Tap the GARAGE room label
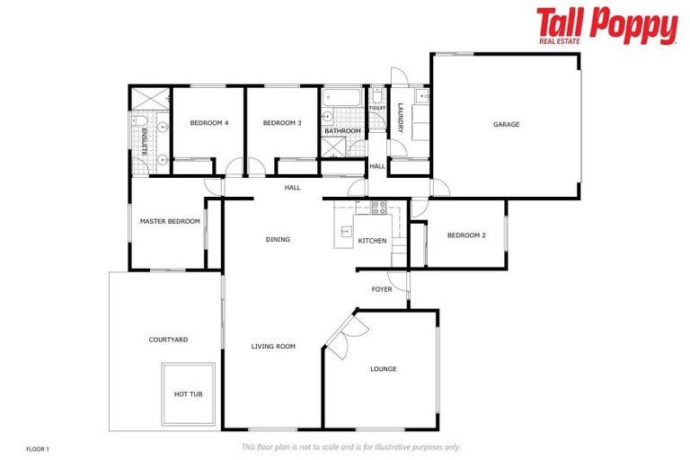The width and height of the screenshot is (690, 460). [506, 125]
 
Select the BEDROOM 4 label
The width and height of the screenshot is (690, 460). [208, 123]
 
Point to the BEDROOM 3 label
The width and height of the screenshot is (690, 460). [282, 123]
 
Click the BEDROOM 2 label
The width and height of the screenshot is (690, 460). [466, 235]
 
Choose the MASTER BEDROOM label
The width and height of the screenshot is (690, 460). [169, 221]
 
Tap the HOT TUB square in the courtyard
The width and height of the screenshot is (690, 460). [189, 394]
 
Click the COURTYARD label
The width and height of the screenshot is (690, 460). [168, 340]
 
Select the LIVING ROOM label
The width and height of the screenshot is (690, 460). [273, 346]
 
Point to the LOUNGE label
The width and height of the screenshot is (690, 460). [383, 369]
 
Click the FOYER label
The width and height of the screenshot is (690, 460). [382, 289]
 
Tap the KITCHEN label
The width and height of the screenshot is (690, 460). [372, 241]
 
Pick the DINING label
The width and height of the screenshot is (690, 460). [278, 240]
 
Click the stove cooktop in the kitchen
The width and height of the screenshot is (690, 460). [378, 207]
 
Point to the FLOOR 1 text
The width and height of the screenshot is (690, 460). [38, 447]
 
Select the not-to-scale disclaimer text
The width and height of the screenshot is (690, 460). [350, 447]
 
